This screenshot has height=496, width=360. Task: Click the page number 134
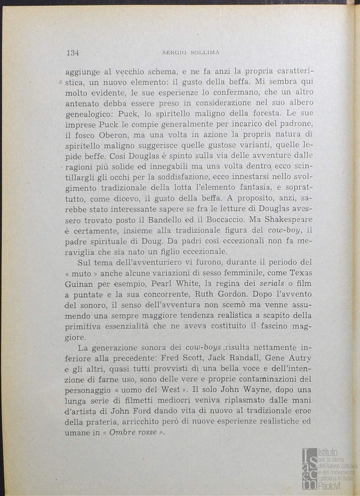[73, 53]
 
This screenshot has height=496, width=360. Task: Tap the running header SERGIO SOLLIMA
[191, 53]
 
